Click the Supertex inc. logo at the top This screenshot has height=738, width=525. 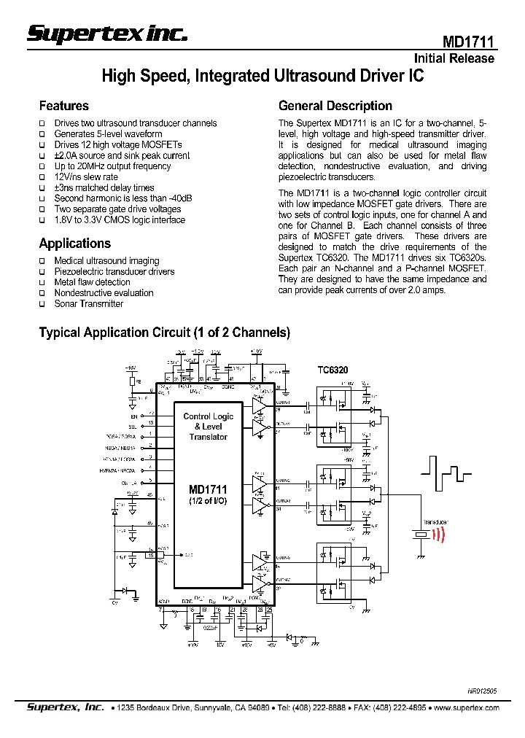107,33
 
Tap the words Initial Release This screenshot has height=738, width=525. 454,58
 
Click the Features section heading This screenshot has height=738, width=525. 63,106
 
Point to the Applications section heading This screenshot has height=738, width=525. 74,244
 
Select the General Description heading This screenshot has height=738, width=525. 335,106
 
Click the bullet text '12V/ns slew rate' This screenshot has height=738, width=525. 86,177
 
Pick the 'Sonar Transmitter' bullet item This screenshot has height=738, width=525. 89,303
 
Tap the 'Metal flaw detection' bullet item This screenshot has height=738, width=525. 92,282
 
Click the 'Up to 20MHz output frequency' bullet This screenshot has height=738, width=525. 112,166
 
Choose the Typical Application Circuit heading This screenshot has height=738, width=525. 164,333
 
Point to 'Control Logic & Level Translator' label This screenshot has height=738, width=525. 209,427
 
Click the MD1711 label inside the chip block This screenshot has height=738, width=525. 208,490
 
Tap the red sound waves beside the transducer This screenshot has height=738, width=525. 438,533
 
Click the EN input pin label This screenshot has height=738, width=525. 134,415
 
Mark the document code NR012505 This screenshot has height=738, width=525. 482,689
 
